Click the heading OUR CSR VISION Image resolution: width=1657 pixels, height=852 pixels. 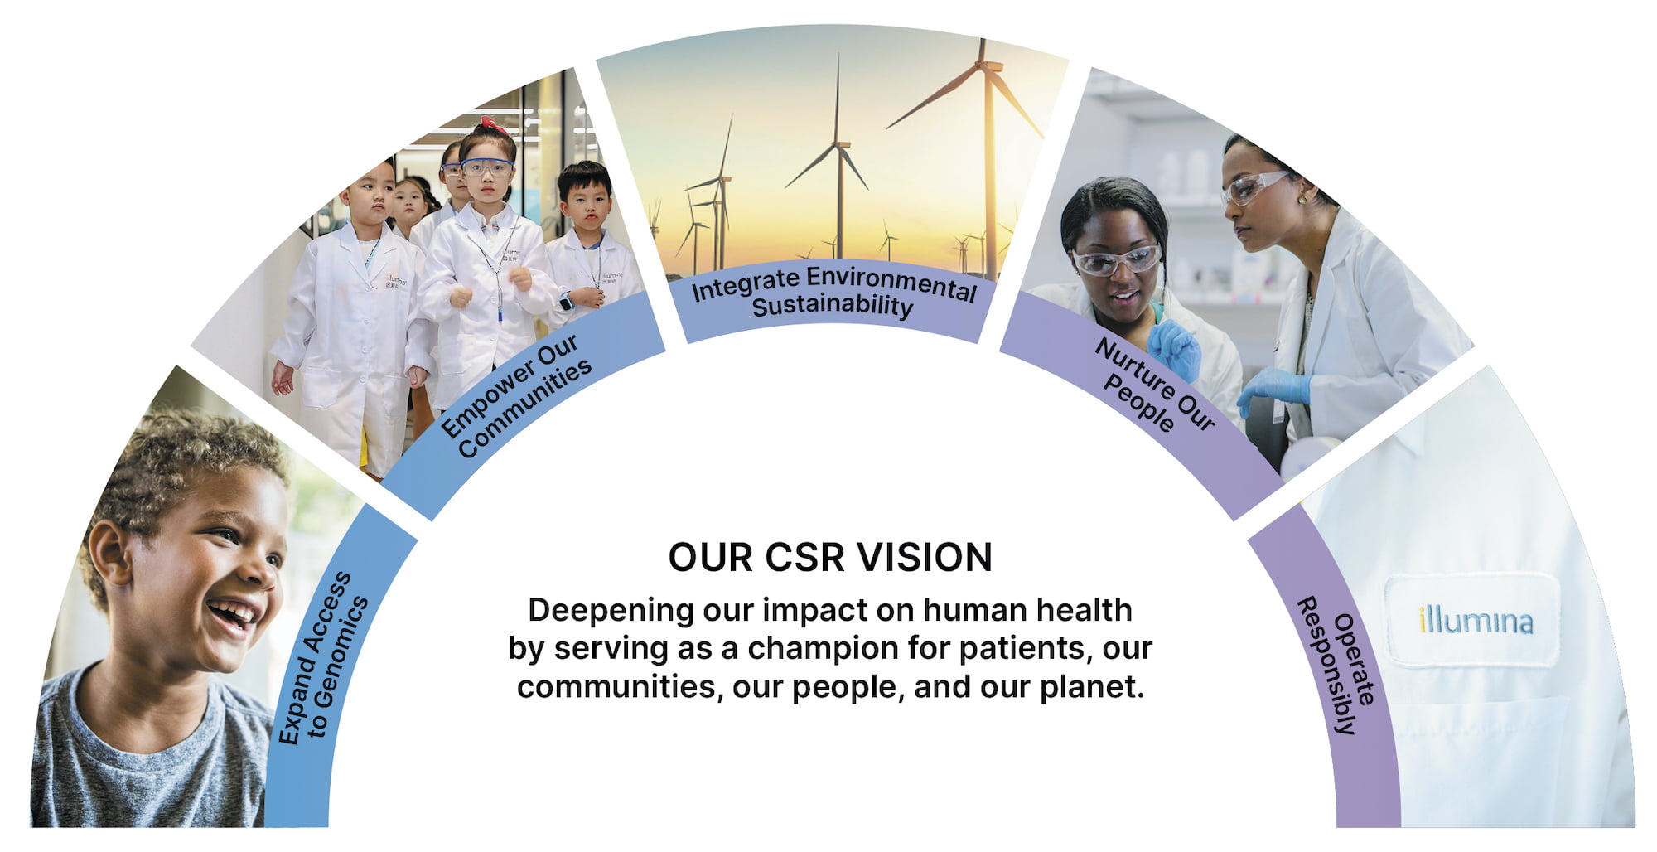pyautogui.click(x=829, y=557)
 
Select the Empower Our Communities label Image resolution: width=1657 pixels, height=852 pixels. pyautogui.click(x=515, y=397)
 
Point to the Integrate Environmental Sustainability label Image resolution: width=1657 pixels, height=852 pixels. pyautogui.click(x=833, y=293)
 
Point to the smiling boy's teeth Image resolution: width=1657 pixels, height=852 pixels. pyautogui.click(x=234, y=613)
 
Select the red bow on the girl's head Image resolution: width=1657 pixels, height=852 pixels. pyautogui.click(x=493, y=125)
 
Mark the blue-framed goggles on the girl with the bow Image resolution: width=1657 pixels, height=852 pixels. pyautogui.click(x=486, y=167)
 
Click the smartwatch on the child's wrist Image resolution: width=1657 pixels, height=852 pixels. pyautogui.click(x=566, y=302)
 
